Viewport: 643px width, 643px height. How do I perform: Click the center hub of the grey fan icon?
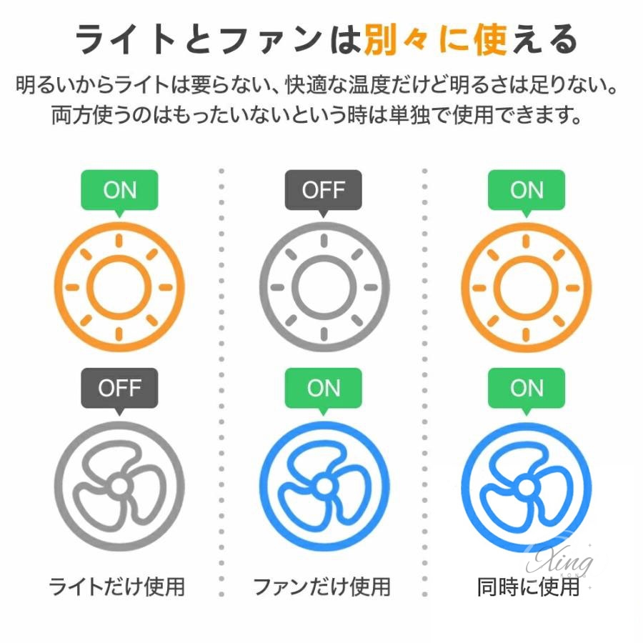(119, 487)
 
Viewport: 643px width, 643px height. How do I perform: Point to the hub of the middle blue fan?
(324, 487)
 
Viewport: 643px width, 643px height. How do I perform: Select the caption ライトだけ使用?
(117, 587)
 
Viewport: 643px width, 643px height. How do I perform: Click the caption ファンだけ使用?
(322, 587)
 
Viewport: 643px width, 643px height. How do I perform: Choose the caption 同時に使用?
(529, 587)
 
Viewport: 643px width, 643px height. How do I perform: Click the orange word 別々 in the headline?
(397, 39)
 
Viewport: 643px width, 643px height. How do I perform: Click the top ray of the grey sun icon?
(324, 241)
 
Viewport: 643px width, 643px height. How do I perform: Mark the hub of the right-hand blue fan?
(527, 487)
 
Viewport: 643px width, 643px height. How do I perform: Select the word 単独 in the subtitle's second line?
(409, 115)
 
